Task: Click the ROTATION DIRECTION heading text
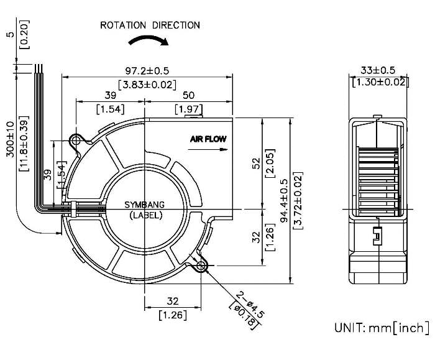click(x=150, y=25)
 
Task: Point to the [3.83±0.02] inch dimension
click(x=147, y=85)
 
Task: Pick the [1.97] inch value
click(x=188, y=110)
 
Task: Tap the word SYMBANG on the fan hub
click(x=145, y=206)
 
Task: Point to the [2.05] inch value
click(x=270, y=163)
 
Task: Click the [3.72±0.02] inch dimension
click(x=298, y=201)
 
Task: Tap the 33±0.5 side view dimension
click(x=378, y=70)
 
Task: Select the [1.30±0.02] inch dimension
click(x=378, y=81)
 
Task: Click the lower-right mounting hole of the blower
click(x=201, y=267)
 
